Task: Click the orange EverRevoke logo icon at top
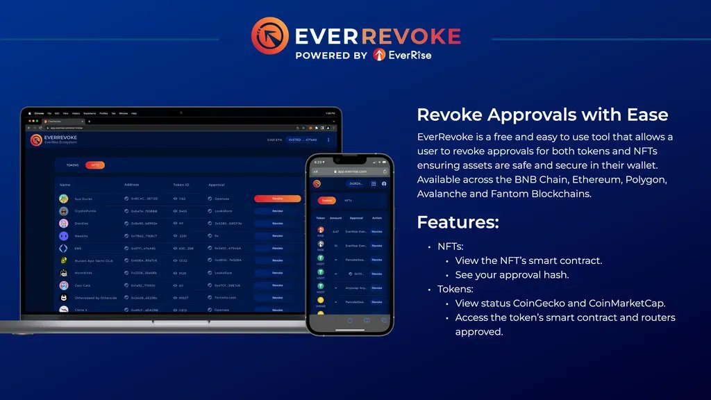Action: click(x=269, y=35)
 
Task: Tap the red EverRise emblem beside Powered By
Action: click(x=379, y=54)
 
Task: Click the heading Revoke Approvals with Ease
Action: click(x=542, y=115)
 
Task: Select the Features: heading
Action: click(x=458, y=222)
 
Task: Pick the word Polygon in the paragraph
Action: click(x=644, y=180)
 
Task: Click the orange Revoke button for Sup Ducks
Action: click(x=277, y=198)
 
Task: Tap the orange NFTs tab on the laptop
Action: click(x=95, y=165)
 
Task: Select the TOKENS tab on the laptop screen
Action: click(x=73, y=165)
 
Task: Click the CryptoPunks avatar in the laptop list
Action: click(x=63, y=210)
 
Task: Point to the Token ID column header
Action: click(x=181, y=185)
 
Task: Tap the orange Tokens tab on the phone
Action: click(x=326, y=200)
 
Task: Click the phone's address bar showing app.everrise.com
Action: click(x=351, y=171)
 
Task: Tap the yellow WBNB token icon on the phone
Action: click(x=321, y=300)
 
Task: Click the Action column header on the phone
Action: click(x=376, y=218)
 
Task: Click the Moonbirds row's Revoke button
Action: click(x=277, y=273)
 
